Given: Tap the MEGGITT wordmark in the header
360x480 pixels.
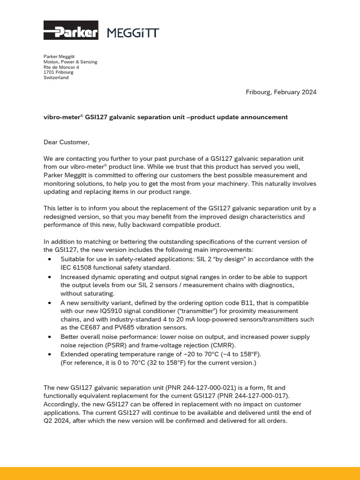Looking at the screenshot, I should click(133, 32).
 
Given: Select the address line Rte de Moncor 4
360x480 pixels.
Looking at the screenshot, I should click(61, 67).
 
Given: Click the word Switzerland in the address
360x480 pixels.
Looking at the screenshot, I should click(56, 77).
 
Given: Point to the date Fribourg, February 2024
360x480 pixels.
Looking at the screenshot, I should click(281, 92).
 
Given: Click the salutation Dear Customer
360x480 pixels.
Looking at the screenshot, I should click(66, 142).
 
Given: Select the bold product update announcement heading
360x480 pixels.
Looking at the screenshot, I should click(165, 117).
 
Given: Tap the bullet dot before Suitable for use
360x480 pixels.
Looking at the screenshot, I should click(51, 259).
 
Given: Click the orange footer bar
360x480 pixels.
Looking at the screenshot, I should click(180, 473).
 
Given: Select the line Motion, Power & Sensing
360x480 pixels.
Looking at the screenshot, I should click(70, 62).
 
